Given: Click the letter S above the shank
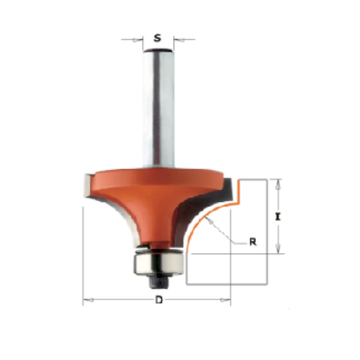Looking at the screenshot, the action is (x=157, y=38).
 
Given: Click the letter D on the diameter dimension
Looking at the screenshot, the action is (x=159, y=300).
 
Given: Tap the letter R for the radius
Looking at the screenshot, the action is (x=252, y=242).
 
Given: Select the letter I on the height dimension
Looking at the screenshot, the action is (x=278, y=217).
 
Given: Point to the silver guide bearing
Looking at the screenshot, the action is (x=158, y=263).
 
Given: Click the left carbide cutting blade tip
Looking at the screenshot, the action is (x=88, y=185).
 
